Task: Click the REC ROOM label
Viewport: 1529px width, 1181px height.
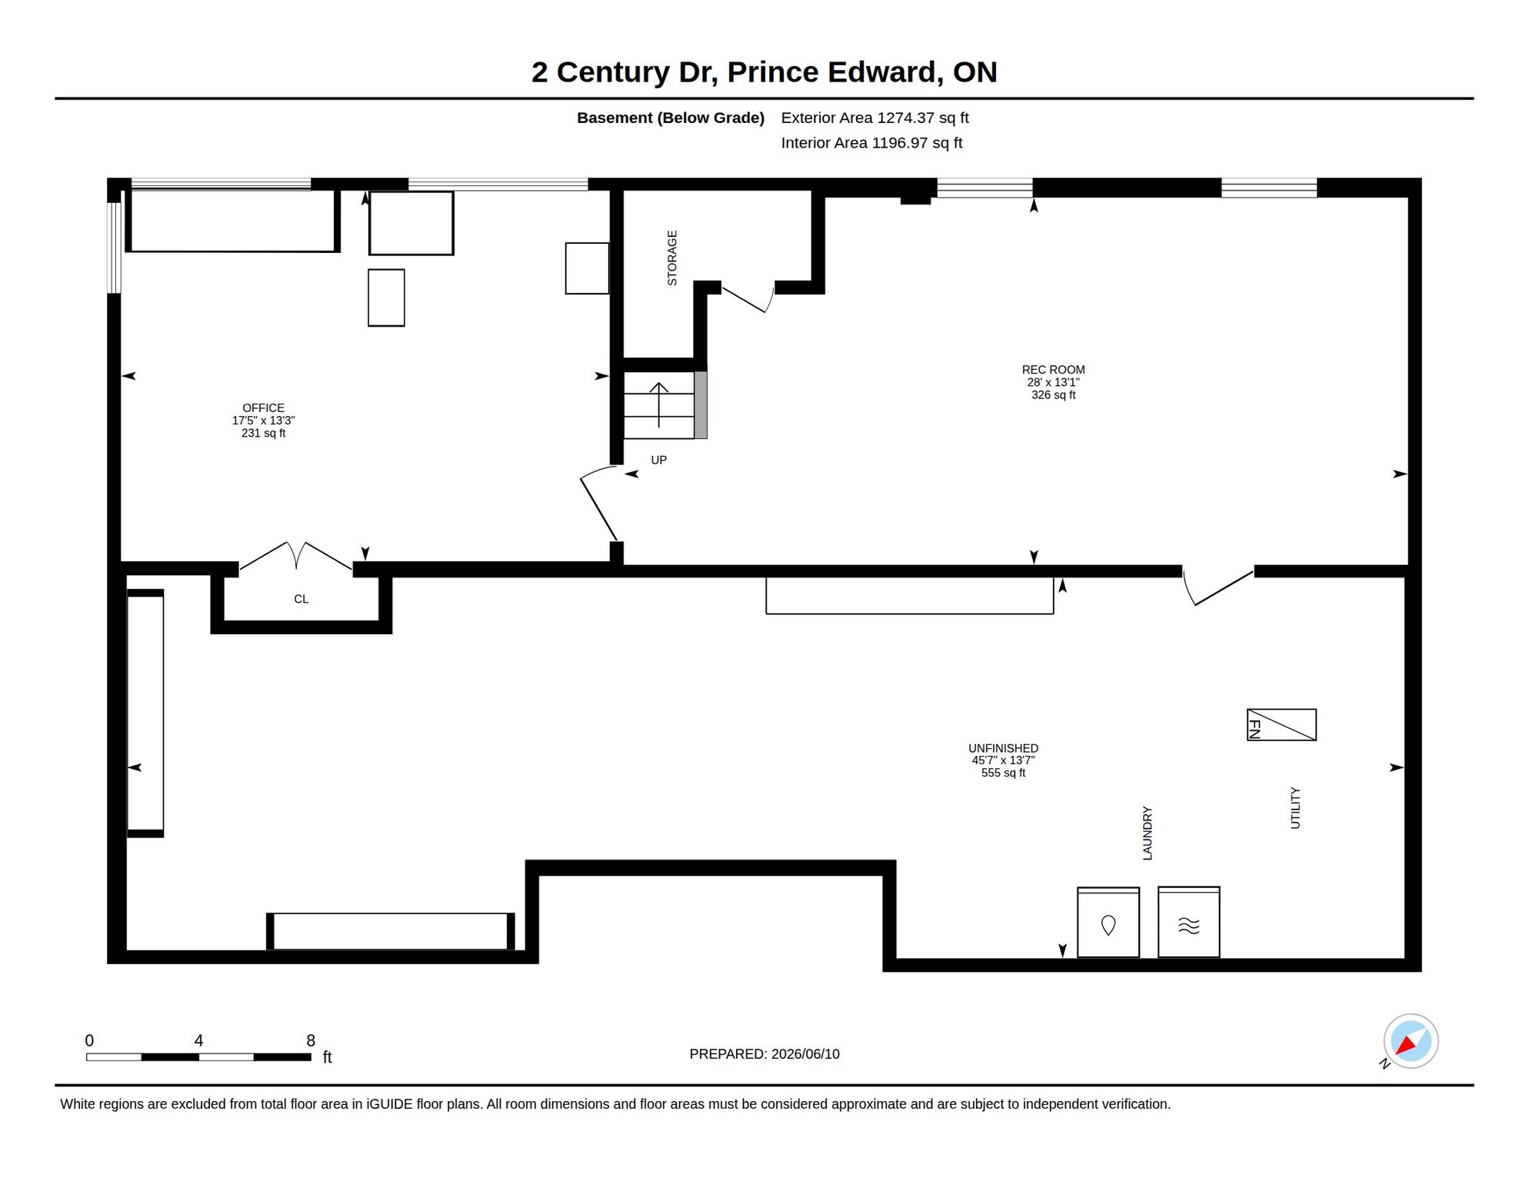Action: click(1053, 370)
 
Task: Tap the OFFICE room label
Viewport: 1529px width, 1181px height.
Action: click(263, 408)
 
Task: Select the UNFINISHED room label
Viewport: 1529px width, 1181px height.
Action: click(1003, 748)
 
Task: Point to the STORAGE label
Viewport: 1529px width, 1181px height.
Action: click(672, 258)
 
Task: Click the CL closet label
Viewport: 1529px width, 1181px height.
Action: click(301, 599)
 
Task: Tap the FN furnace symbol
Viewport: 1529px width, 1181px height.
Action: click(1281, 724)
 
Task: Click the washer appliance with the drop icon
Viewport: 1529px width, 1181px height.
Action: click(1108, 922)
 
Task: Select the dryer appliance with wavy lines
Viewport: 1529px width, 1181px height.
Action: click(1188, 922)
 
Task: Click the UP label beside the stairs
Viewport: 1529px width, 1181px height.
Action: click(658, 460)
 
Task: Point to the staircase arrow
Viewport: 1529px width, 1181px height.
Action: click(658, 404)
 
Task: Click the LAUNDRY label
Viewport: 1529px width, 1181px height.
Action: click(1148, 833)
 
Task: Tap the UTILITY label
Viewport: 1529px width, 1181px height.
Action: click(1295, 807)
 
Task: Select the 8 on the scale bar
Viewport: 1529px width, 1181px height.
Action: click(311, 1040)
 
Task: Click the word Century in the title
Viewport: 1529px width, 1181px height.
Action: click(613, 72)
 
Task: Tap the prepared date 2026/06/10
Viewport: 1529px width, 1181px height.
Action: click(805, 1054)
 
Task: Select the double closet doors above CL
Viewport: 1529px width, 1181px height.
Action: click(296, 556)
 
